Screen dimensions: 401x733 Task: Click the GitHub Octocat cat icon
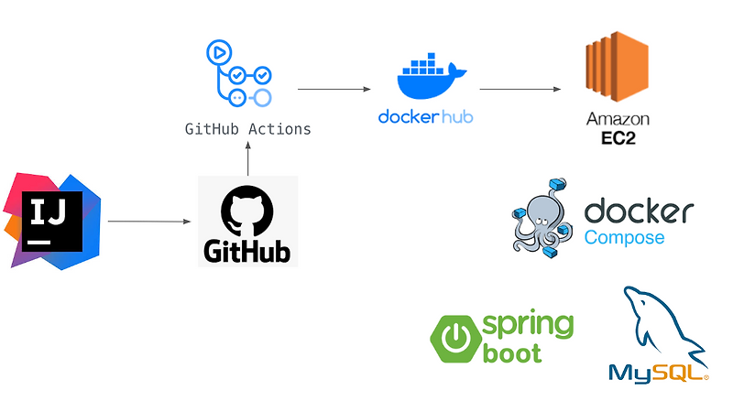[247, 208]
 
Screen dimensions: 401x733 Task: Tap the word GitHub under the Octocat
[247, 249]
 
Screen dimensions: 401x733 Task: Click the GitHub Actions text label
[247, 129]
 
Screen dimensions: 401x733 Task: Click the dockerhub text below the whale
[425, 117]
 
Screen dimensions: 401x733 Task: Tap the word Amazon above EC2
[618, 120]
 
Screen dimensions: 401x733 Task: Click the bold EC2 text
[618, 138]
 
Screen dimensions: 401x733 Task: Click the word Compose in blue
[624, 238]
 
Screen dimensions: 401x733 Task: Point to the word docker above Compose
[638, 211]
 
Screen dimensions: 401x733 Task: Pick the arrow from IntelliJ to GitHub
[148, 222]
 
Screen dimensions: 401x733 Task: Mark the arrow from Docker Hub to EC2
[520, 90]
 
